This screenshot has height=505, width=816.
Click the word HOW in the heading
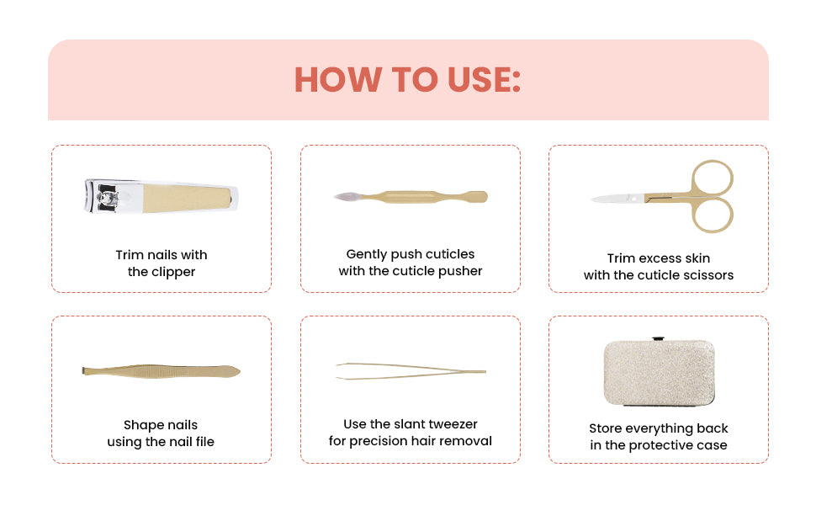pyautogui.click(x=337, y=80)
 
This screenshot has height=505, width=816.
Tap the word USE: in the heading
pyautogui.click(x=484, y=80)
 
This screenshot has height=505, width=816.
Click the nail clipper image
pyautogui.click(x=162, y=196)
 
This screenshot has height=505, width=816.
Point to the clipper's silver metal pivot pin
pyautogui.click(x=108, y=198)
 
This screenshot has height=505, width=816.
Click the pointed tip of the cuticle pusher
pyautogui.click(x=336, y=197)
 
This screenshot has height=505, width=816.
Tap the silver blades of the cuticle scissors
pyautogui.click(x=617, y=199)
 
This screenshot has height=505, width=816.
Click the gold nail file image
pyautogui.click(x=162, y=371)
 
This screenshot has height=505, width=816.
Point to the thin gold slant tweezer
pyautogui.click(x=411, y=371)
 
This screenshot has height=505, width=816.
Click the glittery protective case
pyautogui.click(x=659, y=372)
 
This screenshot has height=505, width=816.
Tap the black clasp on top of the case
pyautogui.click(x=659, y=339)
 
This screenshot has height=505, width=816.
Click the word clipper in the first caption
pyautogui.click(x=173, y=273)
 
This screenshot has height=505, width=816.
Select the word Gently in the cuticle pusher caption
pyautogui.click(x=367, y=254)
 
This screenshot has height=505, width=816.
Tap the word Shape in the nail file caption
pyautogui.click(x=140, y=425)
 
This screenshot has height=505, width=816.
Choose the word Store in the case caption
pyautogui.click(x=605, y=428)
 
